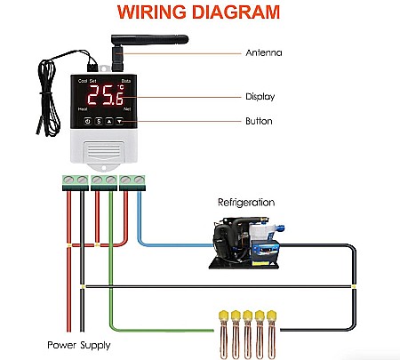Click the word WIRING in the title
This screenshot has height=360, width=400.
[x=156, y=12]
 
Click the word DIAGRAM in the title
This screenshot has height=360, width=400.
[x=235, y=12]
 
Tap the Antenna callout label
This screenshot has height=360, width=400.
[x=264, y=52]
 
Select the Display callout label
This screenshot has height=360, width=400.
[x=262, y=97]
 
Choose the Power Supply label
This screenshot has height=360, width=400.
[x=79, y=344]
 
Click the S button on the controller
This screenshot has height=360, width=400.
[x=99, y=121]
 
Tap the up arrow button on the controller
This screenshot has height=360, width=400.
[x=109, y=121]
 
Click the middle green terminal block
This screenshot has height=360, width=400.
[x=103, y=181]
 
